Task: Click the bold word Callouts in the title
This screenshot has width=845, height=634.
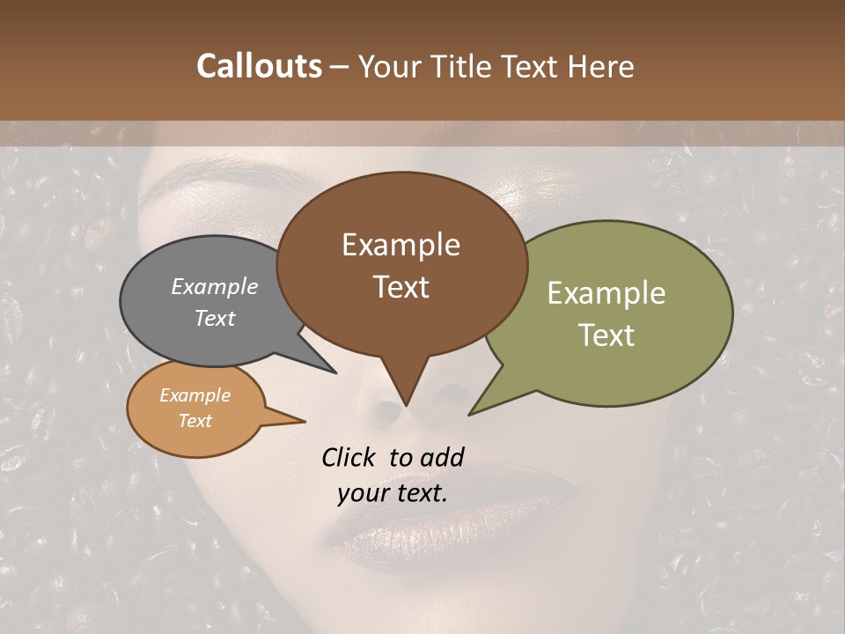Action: click(x=259, y=66)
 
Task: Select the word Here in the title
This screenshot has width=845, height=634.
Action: click(x=600, y=66)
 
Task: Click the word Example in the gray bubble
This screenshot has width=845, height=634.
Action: click(x=215, y=286)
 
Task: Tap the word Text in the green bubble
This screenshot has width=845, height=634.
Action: click(x=607, y=335)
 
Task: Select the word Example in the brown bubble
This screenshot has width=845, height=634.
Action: click(x=400, y=245)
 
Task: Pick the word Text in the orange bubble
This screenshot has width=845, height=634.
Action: click(x=195, y=421)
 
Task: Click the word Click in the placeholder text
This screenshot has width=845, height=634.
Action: click(x=349, y=457)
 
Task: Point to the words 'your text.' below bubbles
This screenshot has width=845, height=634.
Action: click(x=393, y=493)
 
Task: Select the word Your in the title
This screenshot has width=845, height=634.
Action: click(x=388, y=66)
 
